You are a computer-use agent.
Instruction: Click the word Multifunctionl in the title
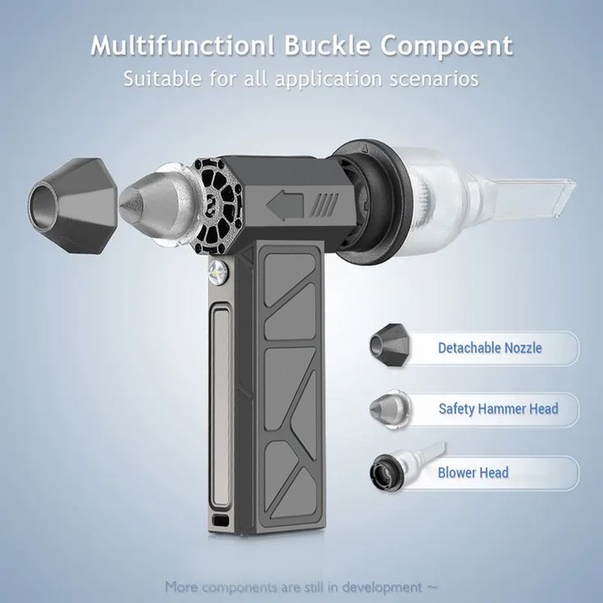(x=182, y=45)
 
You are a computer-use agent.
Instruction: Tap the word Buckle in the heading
(x=328, y=45)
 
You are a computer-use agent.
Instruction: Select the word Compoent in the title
(x=447, y=47)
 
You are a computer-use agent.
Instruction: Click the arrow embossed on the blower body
(x=285, y=206)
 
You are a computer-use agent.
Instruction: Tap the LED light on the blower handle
(x=218, y=271)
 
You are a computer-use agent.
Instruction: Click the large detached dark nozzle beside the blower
(x=72, y=206)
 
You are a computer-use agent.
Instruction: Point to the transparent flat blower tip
(x=538, y=196)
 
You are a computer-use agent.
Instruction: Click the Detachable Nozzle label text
(x=490, y=348)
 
